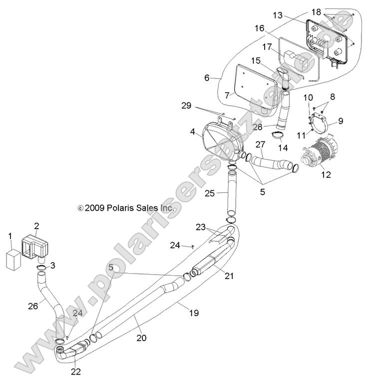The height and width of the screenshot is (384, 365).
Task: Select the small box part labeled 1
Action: pyautogui.click(x=13, y=260)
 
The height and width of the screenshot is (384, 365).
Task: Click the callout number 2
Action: pyautogui.click(x=36, y=226)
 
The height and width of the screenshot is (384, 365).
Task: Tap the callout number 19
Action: pyautogui.click(x=193, y=313)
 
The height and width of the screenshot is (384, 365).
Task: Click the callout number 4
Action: pyautogui.click(x=192, y=132)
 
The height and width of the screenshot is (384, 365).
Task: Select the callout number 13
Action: pyautogui.click(x=277, y=16)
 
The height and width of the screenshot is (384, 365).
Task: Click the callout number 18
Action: pyautogui.click(x=331, y=11)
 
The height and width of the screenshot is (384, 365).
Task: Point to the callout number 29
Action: pyautogui.click(x=186, y=106)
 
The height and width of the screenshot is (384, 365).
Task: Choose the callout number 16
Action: pyautogui.click(x=260, y=29)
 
